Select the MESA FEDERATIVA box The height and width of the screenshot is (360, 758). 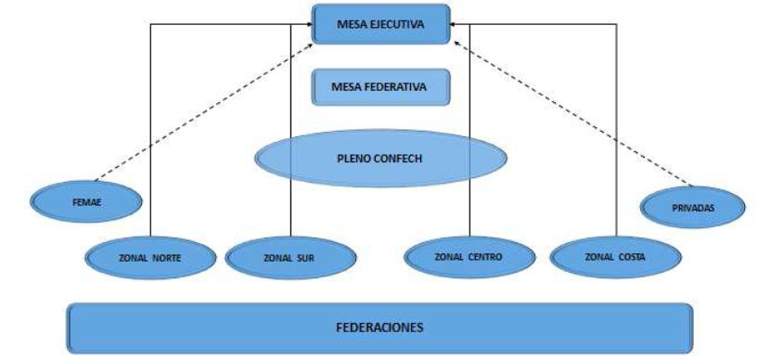[381, 88]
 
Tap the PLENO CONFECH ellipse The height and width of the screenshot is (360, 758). [381, 159]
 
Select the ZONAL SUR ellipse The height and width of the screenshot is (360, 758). [290, 257]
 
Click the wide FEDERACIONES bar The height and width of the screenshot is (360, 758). [379, 328]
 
